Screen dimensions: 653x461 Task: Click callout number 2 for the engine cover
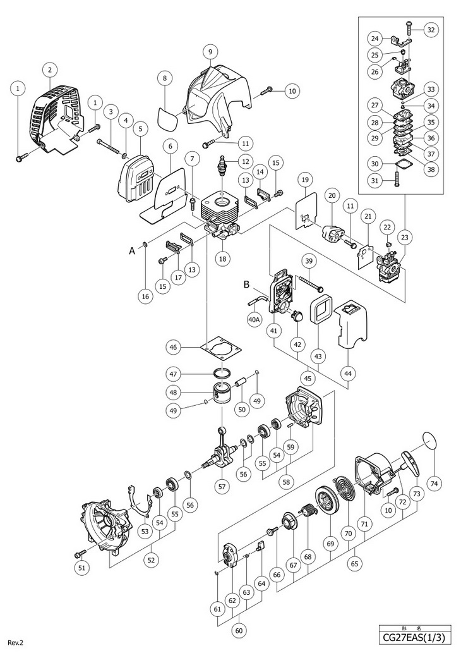coord(49,70)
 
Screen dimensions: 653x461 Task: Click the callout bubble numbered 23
coord(405,238)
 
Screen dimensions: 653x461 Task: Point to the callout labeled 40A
coord(254,320)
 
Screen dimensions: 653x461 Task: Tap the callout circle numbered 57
coord(222,487)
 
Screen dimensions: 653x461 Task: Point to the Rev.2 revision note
coord(16,642)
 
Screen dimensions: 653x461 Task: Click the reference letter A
coord(132,250)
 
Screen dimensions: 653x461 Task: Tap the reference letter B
coord(249,285)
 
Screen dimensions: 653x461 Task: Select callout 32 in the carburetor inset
coord(431,29)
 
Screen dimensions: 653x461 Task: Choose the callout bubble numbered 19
coord(305,180)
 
